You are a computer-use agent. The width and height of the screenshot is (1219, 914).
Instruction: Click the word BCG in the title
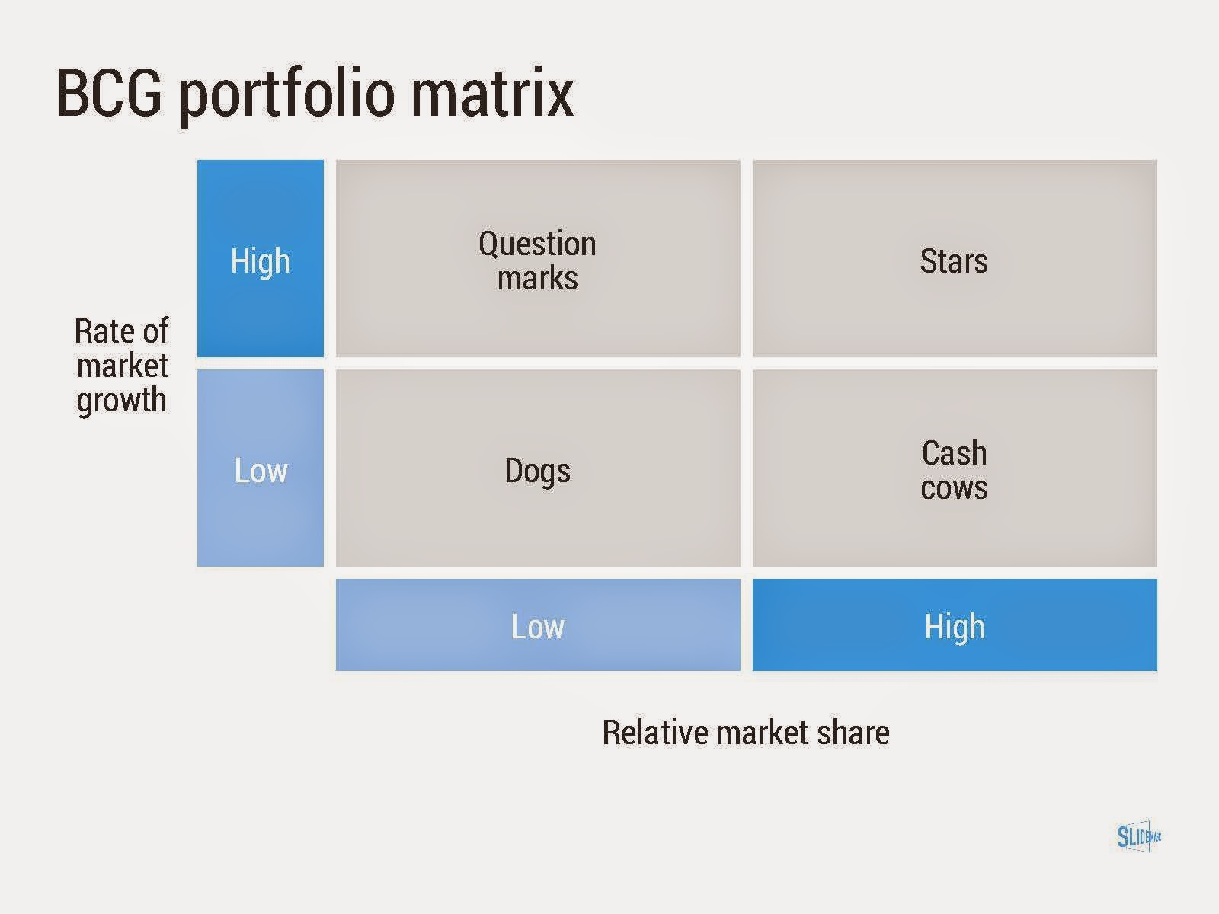pos(110,92)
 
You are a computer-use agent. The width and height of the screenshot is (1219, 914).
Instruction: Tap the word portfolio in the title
pos(287,95)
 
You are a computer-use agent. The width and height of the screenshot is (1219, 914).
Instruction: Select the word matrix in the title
pos(493,92)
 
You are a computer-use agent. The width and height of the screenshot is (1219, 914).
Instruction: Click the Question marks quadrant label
pos(538,260)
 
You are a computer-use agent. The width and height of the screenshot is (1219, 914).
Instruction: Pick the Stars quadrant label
pos(954,260)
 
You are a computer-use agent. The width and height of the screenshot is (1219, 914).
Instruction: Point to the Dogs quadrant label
pos(538,471)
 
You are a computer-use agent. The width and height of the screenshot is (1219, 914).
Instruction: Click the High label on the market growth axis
pos(261,261)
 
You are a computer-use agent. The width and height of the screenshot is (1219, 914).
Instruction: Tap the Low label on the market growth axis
pos(261,471)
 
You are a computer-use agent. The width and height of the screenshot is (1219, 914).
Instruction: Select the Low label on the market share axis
pos(538,627)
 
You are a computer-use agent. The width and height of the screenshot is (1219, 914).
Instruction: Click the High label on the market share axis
pos(955,627)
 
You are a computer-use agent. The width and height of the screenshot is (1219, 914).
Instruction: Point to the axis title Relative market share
pos(746,732)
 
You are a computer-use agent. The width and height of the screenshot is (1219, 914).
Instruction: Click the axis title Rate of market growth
pos(122,366)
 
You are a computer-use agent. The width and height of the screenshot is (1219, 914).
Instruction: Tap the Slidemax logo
pos(1138,836)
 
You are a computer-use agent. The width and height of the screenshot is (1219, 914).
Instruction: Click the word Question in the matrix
pos(538,244)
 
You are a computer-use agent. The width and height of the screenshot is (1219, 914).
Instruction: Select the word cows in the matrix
pos(954,487)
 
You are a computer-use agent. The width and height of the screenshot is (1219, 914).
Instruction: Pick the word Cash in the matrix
pos(954,453)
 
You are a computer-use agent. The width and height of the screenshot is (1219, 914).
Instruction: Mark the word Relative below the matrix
pos(654,732)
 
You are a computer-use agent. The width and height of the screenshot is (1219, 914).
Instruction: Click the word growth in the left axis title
pos(122,401)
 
